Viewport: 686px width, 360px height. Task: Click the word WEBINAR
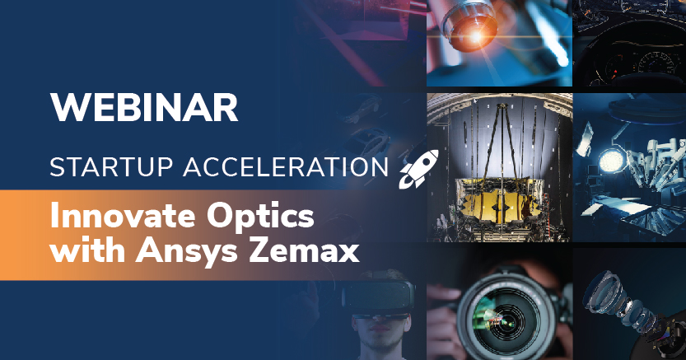tap(144, 108)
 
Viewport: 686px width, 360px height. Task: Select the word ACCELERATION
tap(286, 167)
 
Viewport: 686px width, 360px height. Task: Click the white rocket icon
tap(418, 169)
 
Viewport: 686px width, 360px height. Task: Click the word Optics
tap(260, 217)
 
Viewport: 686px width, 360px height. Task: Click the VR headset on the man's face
tap(379, 297)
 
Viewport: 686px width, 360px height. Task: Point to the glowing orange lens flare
tap(474, 36)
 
